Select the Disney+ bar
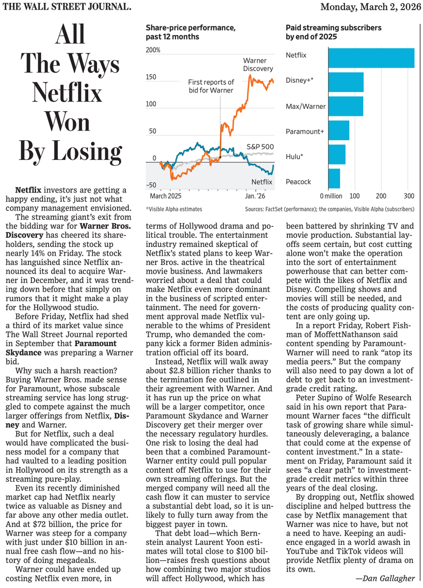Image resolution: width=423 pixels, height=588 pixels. tap(346, 82)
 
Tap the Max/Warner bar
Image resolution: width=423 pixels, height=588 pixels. tap(346, 106)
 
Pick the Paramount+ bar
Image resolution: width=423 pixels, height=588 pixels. tap(339, 130)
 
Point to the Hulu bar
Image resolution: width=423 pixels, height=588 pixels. tap(337, 154)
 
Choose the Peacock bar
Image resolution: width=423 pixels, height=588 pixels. tap(334, 178)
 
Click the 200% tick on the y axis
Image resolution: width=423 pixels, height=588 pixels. tap(153, 50)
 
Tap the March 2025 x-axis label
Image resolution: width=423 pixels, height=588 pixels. tap(166, 196)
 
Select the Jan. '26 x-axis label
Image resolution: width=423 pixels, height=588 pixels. tap(255, 196)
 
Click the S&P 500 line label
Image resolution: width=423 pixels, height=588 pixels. tap(260, 147)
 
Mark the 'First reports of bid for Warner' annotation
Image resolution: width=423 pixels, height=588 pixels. tap(211, 86)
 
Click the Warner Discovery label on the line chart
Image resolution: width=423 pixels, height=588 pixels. tap(258, 65)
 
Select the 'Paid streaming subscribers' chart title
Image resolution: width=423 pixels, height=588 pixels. tap(333, 32)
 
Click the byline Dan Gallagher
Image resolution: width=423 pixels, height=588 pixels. tap(385, 578)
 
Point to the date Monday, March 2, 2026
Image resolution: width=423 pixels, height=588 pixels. tap(371, 7)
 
